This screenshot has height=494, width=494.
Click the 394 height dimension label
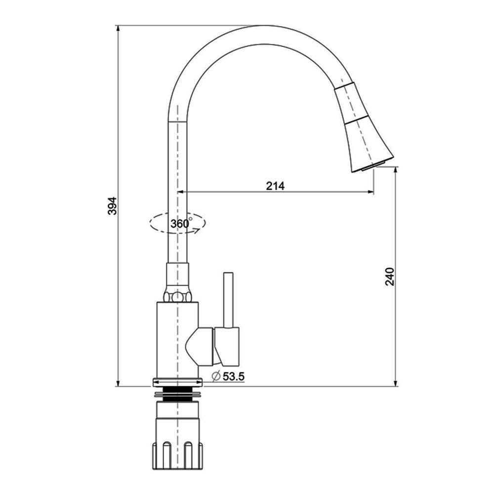[x=112, y=206]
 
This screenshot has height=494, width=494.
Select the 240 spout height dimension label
[x=390, y=276]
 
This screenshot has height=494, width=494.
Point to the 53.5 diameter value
[x=234, y=376]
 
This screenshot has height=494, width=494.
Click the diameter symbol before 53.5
[x=216, y=376]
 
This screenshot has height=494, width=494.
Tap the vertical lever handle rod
[x=228, y=300]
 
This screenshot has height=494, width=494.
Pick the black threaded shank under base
[x=178, y=396]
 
